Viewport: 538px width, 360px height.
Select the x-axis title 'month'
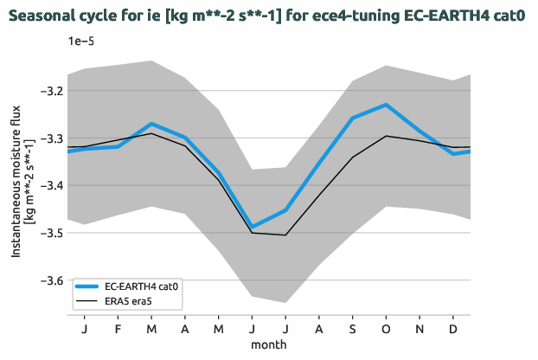click(269, 344)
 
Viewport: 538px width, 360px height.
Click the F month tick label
click(118, 330)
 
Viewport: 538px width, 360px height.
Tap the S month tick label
click(352, 330)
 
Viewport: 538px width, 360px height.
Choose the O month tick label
click(386, 330)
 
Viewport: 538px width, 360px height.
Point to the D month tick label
click(452, 330)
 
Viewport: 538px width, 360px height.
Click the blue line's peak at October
click(386, 104)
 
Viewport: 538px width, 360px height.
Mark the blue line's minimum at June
click(252, 227)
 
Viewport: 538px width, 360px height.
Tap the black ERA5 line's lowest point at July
click(285, 235)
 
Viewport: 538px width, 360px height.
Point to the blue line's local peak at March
click(151, 124)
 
